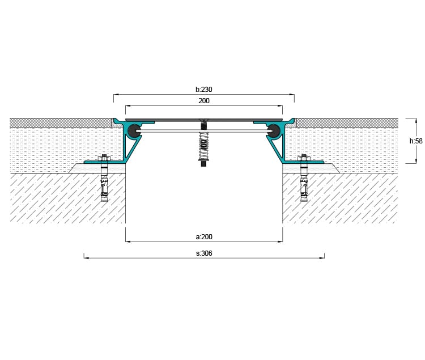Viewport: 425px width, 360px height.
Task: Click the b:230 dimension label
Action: point(204,89)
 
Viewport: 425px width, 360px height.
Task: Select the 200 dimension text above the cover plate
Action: point(204,101)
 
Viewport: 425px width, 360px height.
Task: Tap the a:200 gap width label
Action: point(204,237)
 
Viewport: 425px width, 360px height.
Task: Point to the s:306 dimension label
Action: point(204,253)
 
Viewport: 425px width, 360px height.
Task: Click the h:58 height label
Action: point(416,141)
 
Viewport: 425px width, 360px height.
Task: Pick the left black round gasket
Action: point(134,131)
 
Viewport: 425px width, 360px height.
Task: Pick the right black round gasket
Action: point(274,131)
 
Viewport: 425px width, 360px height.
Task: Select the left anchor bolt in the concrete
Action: point(104,179)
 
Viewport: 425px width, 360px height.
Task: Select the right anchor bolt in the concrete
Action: point(304,179)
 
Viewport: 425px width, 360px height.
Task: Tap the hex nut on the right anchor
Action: point(304,158)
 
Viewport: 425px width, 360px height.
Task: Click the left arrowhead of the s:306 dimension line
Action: point(86,258)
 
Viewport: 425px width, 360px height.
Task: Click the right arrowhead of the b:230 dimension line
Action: point(292,95)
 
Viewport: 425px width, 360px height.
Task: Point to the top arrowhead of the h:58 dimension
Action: point(416,120)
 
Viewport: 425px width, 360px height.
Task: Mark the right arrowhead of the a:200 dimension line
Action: point(280,242)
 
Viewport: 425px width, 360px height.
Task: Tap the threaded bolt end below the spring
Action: point(203,163)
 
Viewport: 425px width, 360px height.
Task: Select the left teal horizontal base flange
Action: point(105,162)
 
